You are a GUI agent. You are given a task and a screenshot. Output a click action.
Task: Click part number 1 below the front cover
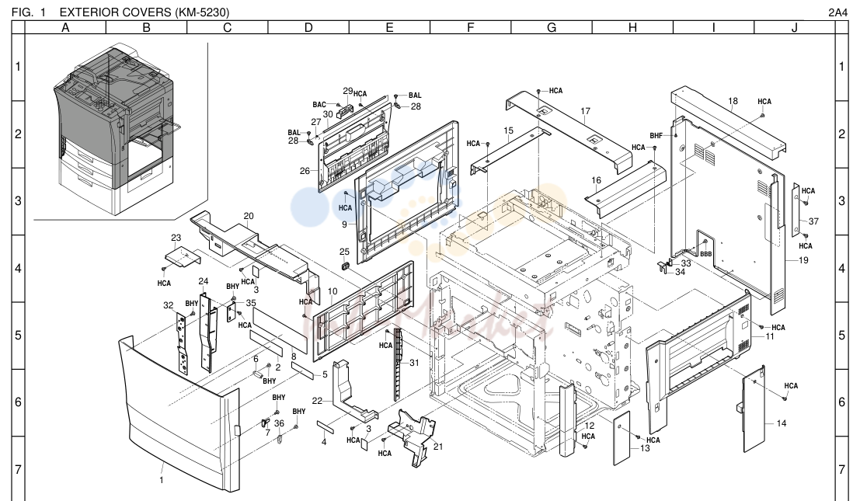click(162, 480)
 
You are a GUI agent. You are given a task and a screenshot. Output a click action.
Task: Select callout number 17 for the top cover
click(585, 111)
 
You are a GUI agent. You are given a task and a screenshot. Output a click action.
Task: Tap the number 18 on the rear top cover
click(733, 101)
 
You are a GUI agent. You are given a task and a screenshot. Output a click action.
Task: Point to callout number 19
click(803, 260)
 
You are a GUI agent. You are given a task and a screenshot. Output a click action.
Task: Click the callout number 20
click(249, 216)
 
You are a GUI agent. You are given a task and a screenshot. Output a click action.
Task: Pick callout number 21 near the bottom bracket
click(437, 446)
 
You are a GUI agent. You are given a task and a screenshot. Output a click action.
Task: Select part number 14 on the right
click(781, 423)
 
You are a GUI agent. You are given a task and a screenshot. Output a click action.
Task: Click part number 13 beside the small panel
click(645, 448)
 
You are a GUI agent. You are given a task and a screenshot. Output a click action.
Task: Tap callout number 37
click(813, 221)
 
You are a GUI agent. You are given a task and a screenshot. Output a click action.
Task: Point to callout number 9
click(344, 224)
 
